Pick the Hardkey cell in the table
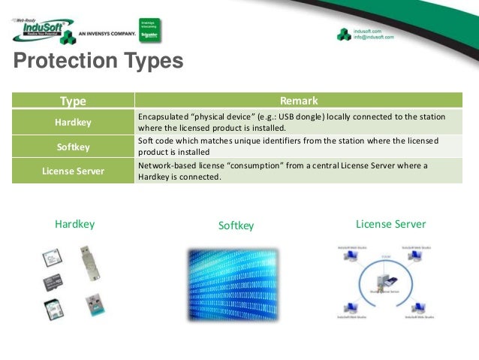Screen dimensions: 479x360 tap(73, 123)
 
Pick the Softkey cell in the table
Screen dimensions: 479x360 tap(73, 147)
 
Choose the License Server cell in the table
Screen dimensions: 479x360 tap(73, 171)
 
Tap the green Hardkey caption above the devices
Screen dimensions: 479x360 tap(75, 224)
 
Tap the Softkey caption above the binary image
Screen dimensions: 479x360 tap(236, 225)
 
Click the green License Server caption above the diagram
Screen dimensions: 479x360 tap(390, 224)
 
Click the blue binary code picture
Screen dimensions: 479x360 tap(235, 284)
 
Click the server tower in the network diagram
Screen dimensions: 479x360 tap(387, 283)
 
